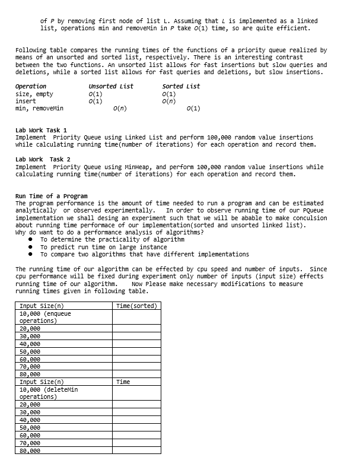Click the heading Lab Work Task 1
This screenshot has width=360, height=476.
point(41,130)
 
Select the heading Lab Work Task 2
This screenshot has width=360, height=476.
point(43,160)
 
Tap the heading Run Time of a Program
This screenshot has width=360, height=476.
point(51,196)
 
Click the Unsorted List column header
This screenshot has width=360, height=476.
point(111,87)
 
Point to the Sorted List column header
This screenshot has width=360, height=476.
point(181,87)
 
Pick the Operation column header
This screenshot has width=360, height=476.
point(31,87)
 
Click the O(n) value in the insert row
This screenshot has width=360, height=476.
point(168,101)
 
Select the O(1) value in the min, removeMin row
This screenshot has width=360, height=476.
point(193,109)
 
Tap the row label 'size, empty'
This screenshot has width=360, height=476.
point(34,94)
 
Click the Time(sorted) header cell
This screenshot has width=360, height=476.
point(137,306)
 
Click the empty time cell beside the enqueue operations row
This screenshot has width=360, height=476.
point(137,317)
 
